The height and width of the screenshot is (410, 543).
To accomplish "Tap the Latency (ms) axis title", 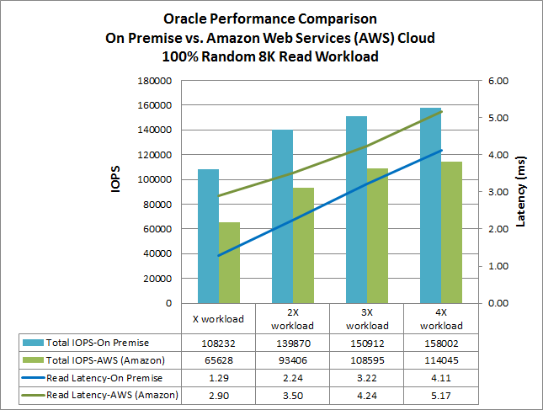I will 520,192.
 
